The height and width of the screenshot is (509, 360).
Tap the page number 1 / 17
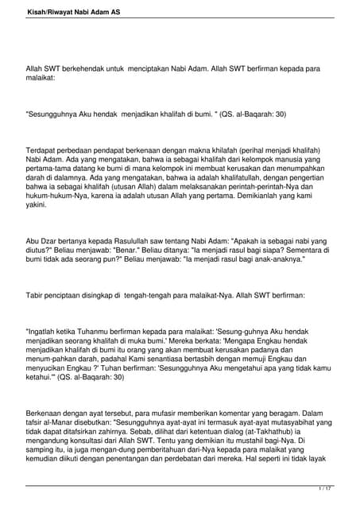323,488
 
